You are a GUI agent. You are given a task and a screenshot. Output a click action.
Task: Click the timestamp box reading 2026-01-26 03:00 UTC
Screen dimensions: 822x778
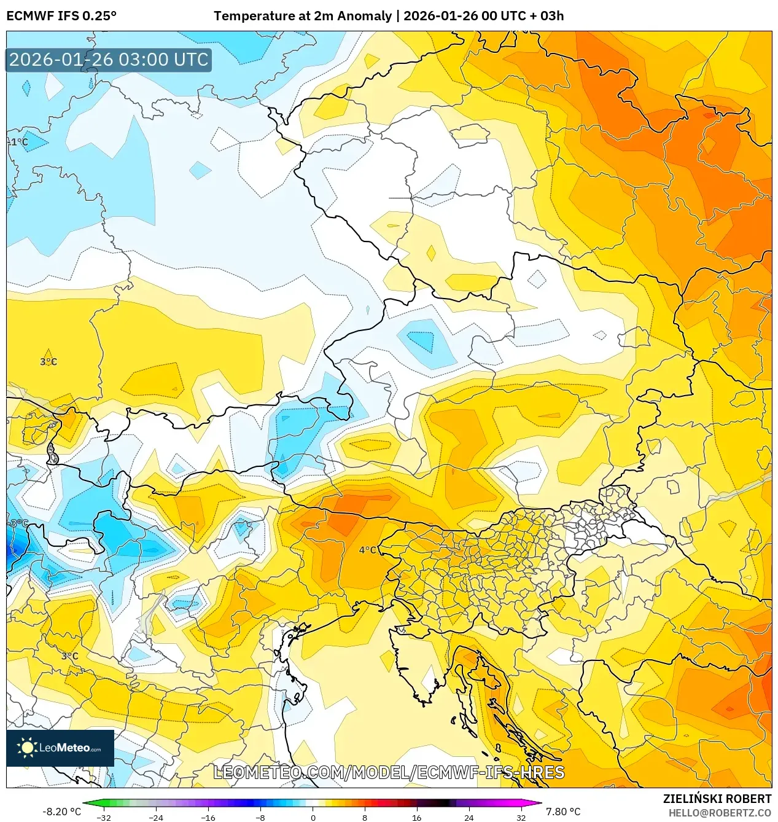point(109,60)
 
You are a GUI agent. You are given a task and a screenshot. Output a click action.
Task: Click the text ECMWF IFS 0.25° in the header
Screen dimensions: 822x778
point(61,16)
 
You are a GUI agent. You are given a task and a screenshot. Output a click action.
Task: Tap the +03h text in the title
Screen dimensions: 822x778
point(548,16)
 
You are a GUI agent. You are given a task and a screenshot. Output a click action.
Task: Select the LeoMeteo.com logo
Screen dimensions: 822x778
point(60,748)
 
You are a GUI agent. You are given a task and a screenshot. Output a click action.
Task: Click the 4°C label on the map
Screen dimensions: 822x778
point(368,550)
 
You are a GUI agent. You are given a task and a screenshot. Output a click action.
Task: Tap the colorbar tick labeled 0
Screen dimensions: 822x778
point(313,817)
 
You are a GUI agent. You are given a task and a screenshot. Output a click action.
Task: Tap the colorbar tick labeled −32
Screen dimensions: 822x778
point(104,817)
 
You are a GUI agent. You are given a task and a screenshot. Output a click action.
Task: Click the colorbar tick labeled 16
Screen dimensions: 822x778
point(417,817)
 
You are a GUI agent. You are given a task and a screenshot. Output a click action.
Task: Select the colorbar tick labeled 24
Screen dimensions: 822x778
point(469,817)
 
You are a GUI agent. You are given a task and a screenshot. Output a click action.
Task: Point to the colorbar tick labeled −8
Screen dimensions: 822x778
point(260,817)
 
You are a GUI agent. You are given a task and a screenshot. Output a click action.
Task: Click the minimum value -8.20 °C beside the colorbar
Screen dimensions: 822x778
point(61,812)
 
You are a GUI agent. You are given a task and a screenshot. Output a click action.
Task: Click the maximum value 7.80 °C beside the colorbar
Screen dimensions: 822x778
point(563,812)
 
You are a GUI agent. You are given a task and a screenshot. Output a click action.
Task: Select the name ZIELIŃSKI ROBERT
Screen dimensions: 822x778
point(717,799)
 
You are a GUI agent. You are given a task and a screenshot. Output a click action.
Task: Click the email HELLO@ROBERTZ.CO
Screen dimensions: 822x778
point(720,813)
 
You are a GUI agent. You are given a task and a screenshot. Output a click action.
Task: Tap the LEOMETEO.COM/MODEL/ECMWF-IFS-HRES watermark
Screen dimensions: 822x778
point(389,772)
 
